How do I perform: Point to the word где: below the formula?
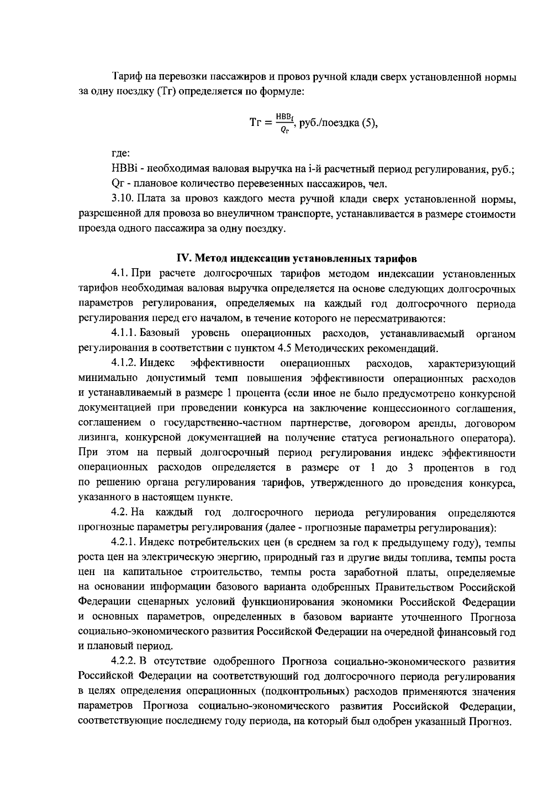120,153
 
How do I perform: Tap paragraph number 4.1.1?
124,334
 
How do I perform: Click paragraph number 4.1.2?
124,363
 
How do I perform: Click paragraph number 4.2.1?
124,543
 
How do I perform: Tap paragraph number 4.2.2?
124,662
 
